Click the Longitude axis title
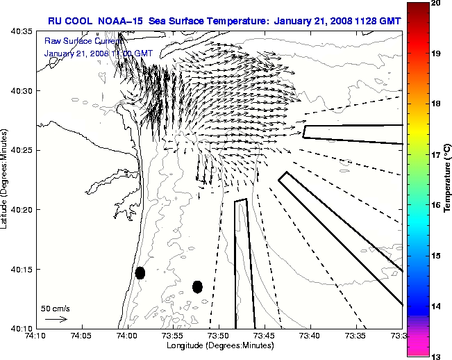pos(219,345)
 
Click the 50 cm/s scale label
pos(56,308)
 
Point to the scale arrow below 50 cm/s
pos(56,319)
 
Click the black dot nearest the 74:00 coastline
pos(140,272)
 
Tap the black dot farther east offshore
pos(198,286)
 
